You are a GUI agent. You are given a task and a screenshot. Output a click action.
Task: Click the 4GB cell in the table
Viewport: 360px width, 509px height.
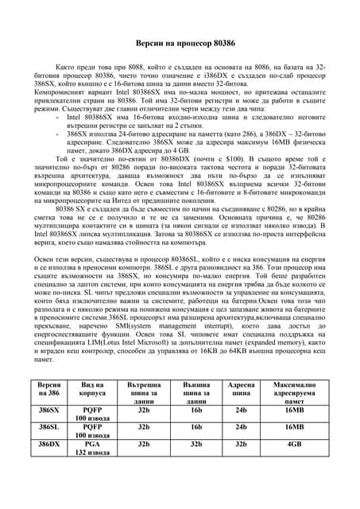tap(294, 444)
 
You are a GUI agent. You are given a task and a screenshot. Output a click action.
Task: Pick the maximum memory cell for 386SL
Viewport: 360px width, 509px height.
tap(294, 427)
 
